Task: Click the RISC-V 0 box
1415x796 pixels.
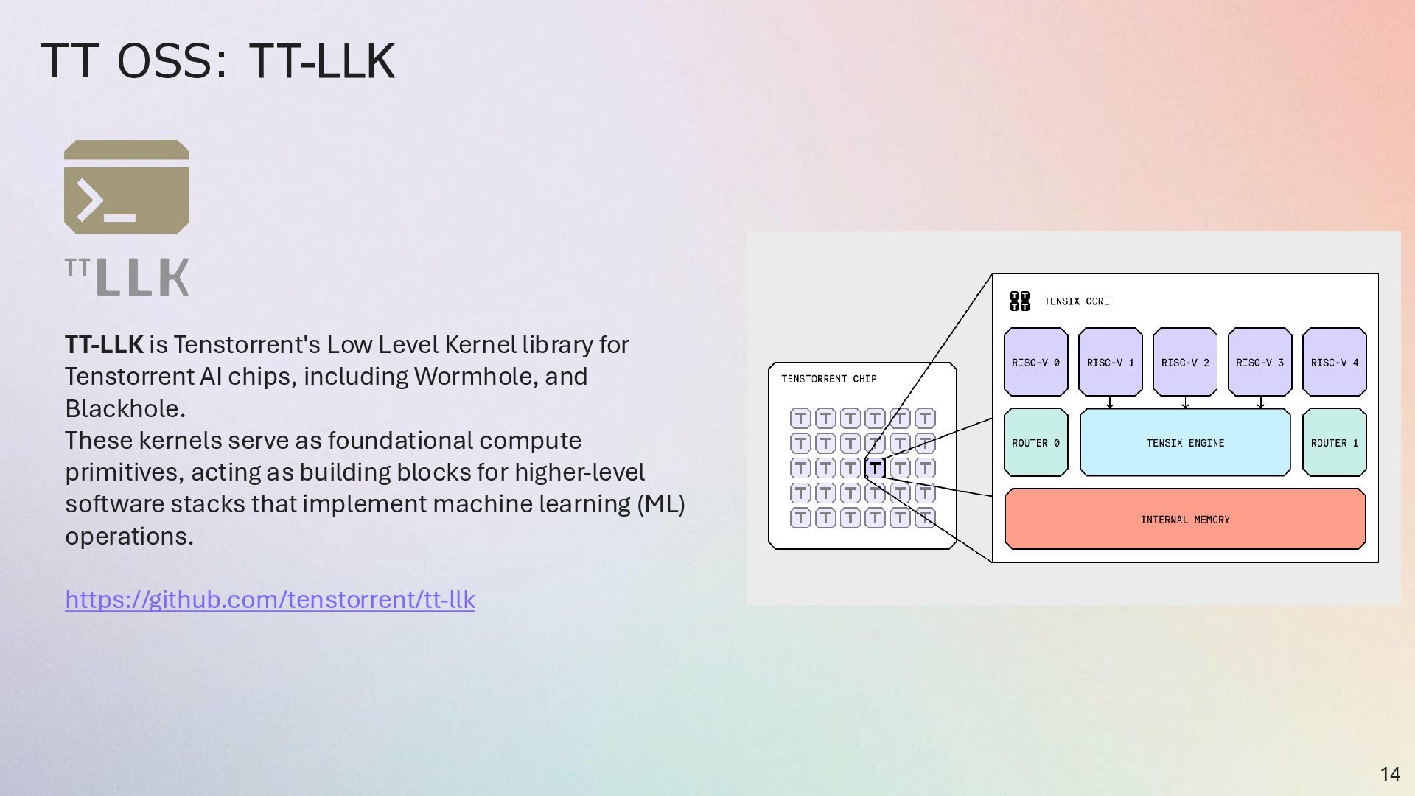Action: tap(1035, 362)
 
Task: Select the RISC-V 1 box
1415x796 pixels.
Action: tap(1110, 362)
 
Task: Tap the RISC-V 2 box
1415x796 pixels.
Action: tap(1185, 362)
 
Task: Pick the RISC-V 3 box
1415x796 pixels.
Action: tap(1259, 362)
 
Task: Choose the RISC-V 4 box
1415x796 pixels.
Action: tap(1334, 362)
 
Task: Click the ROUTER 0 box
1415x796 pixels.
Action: tap(1035, 442)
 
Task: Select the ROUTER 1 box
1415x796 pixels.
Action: tap(1334, 442)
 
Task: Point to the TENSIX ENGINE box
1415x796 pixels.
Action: tap(1185, 442)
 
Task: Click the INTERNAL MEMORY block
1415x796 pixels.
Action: tap(1185, 519)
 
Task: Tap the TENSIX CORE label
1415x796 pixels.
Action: tap(1077, 301)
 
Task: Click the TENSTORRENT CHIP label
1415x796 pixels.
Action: tap(829, 379)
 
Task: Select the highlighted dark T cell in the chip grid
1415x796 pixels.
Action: tap(875, 467)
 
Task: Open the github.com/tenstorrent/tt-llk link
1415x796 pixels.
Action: tap(270, 599)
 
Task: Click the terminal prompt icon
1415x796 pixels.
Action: tap(127, 187)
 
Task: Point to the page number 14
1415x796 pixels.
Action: tap(1390, 774)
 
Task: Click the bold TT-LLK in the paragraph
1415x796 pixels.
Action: tap(104, 344)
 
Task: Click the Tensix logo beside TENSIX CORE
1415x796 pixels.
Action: tap(1019, 301)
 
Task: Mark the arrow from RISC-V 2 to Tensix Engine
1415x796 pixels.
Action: tap(1185, 402)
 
